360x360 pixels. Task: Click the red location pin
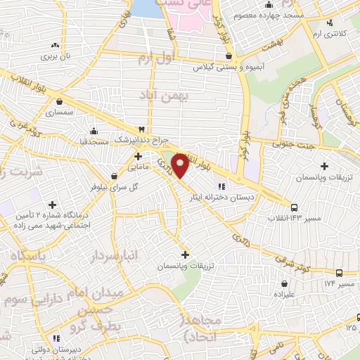pos(181,165)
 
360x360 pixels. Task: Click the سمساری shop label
pos(59,112)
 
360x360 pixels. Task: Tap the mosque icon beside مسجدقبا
pos(94,131)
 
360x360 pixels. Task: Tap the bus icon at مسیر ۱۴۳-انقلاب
pos(294,207)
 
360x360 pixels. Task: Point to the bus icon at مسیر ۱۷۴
pos(339,273)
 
